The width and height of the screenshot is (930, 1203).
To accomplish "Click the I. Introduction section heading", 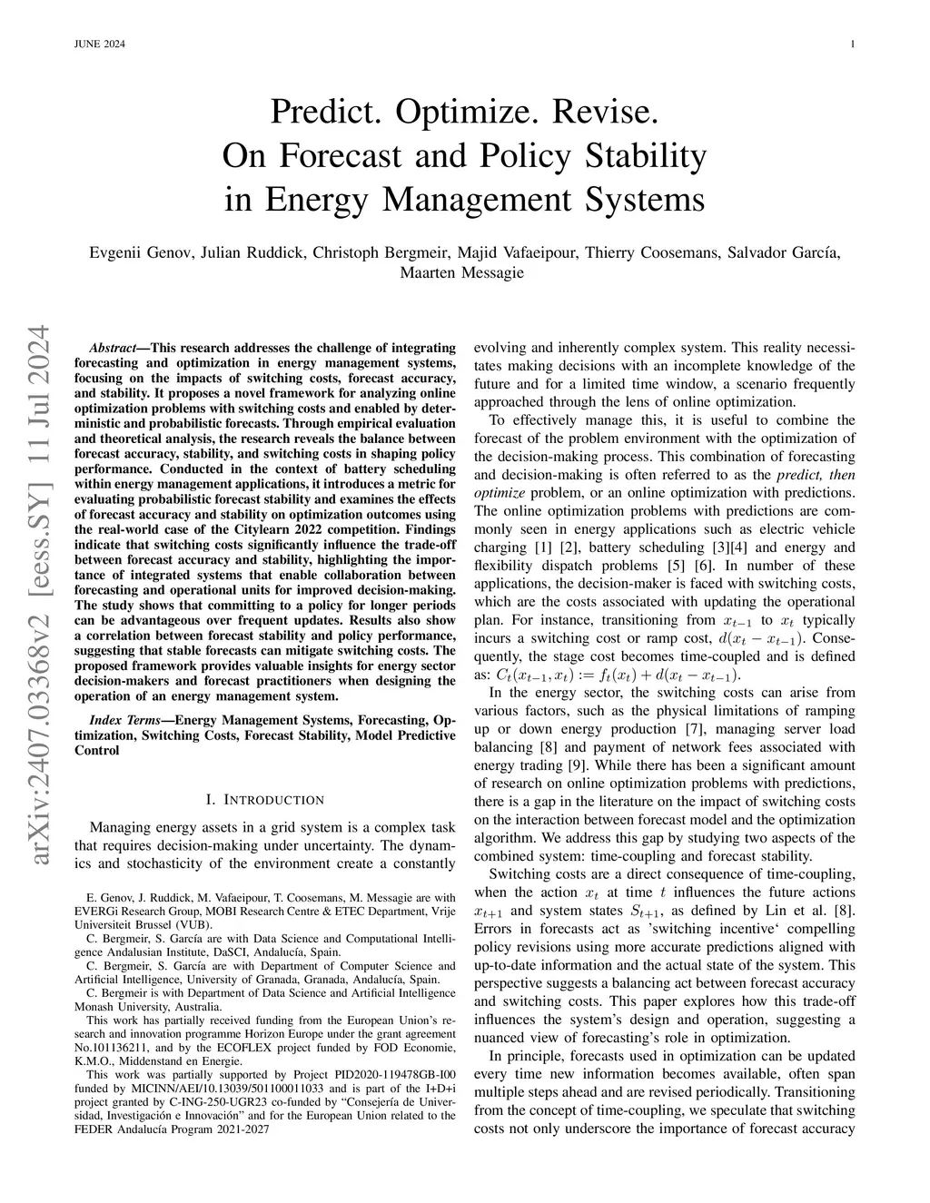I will pyautogui.click(x=265, y=800).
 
